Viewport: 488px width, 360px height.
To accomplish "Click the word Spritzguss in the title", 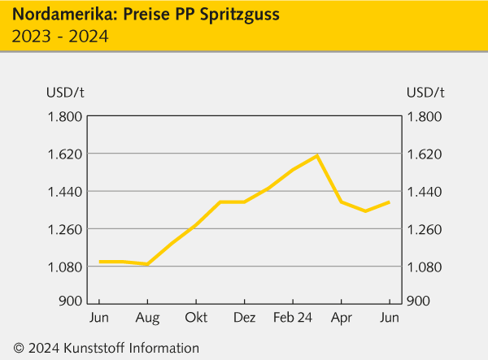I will click(235, 15).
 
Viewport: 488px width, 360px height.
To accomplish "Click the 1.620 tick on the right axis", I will click(425, 154).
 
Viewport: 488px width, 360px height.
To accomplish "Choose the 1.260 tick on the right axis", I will click(425, 229).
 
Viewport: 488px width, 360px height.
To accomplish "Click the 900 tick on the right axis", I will click(418, 301).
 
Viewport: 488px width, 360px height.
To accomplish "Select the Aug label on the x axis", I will click(147, 317).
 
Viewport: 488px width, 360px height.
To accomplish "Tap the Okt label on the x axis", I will click(196, 317).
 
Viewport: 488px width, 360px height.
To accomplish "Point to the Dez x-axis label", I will click(244, 317).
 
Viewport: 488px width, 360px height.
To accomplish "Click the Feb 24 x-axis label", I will click(293, 317).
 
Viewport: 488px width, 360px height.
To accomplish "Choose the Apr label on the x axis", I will click(341, 317).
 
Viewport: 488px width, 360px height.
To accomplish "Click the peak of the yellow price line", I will click(316, 155).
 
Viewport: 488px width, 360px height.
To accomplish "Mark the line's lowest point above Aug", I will click(147, 264).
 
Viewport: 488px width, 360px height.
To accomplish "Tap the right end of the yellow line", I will click(389, 202).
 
